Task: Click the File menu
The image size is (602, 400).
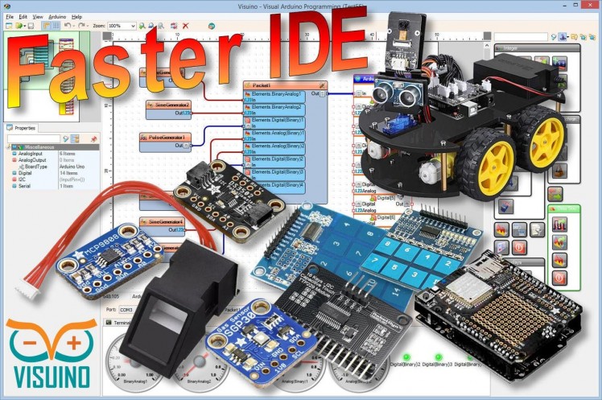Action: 9,16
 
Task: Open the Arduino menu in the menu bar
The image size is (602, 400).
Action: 56,16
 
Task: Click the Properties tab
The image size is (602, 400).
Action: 25,128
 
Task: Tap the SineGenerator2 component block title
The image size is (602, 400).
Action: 169,105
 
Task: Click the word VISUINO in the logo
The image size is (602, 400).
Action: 51,378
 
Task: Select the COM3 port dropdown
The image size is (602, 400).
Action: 127,309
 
